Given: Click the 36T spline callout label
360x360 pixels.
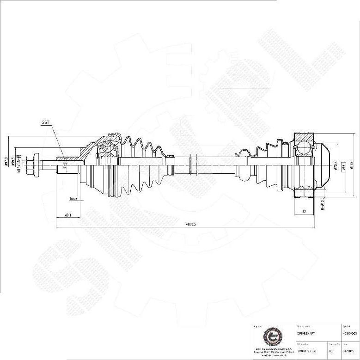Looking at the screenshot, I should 45,122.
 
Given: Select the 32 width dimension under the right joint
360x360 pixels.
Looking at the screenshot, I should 304,212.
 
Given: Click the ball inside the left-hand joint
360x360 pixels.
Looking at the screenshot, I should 108,146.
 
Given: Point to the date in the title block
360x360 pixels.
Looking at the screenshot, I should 348,351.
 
